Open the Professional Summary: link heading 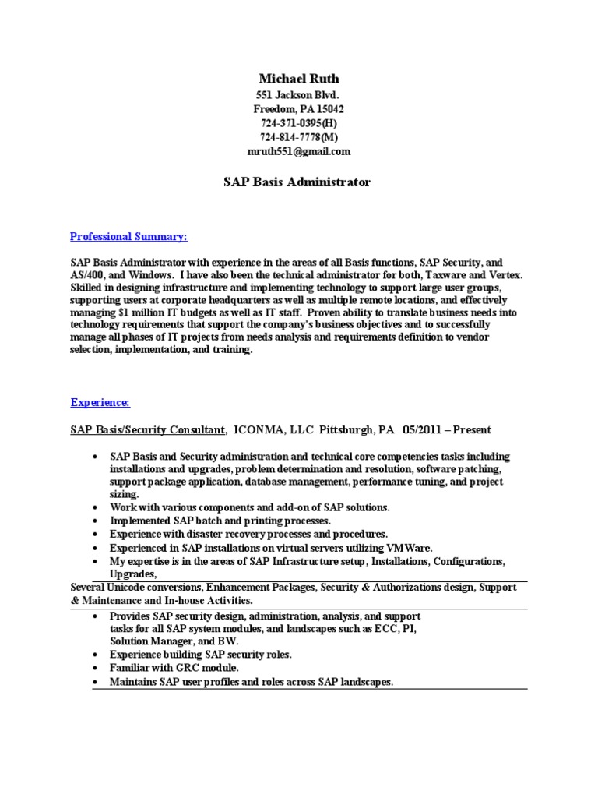[128, 236]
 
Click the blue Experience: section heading [100, 402]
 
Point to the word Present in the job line [473, 429]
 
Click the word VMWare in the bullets [410, 548]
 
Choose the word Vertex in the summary [508, 275]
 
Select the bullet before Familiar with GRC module [94, 669]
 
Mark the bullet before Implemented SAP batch [94, 521]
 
